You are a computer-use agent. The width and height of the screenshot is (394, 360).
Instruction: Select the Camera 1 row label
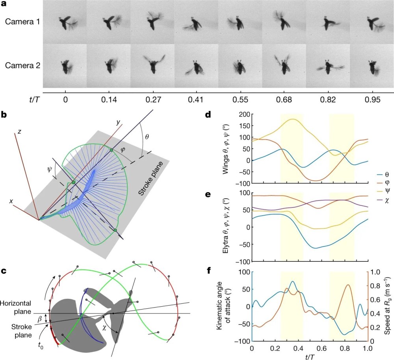22,22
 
